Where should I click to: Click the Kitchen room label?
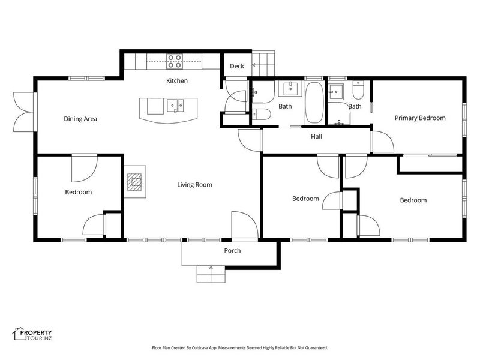tap(176, 81)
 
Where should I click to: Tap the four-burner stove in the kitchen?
tap(175, 61)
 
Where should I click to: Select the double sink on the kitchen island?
tap(175, 106)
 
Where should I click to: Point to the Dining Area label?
tap(80, 119)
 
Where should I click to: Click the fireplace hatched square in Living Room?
tap(134, 182)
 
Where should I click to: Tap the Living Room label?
tap(194, 185)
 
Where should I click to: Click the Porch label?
tap(232, 250)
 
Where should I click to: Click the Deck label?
tap(237, 66)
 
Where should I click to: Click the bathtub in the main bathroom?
tap(314, 102)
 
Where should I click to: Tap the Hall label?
tap(316, 136)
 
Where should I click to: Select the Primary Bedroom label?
tap(420, 118)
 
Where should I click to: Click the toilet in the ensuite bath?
tap(358, 89)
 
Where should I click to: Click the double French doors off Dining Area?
tap(23, 112)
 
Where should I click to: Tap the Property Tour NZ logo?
tap(32, 334)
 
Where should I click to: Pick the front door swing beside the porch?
tap(245, 224)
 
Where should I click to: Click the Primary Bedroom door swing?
tap(383, 142)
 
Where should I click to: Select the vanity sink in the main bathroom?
tap(291, 88)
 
